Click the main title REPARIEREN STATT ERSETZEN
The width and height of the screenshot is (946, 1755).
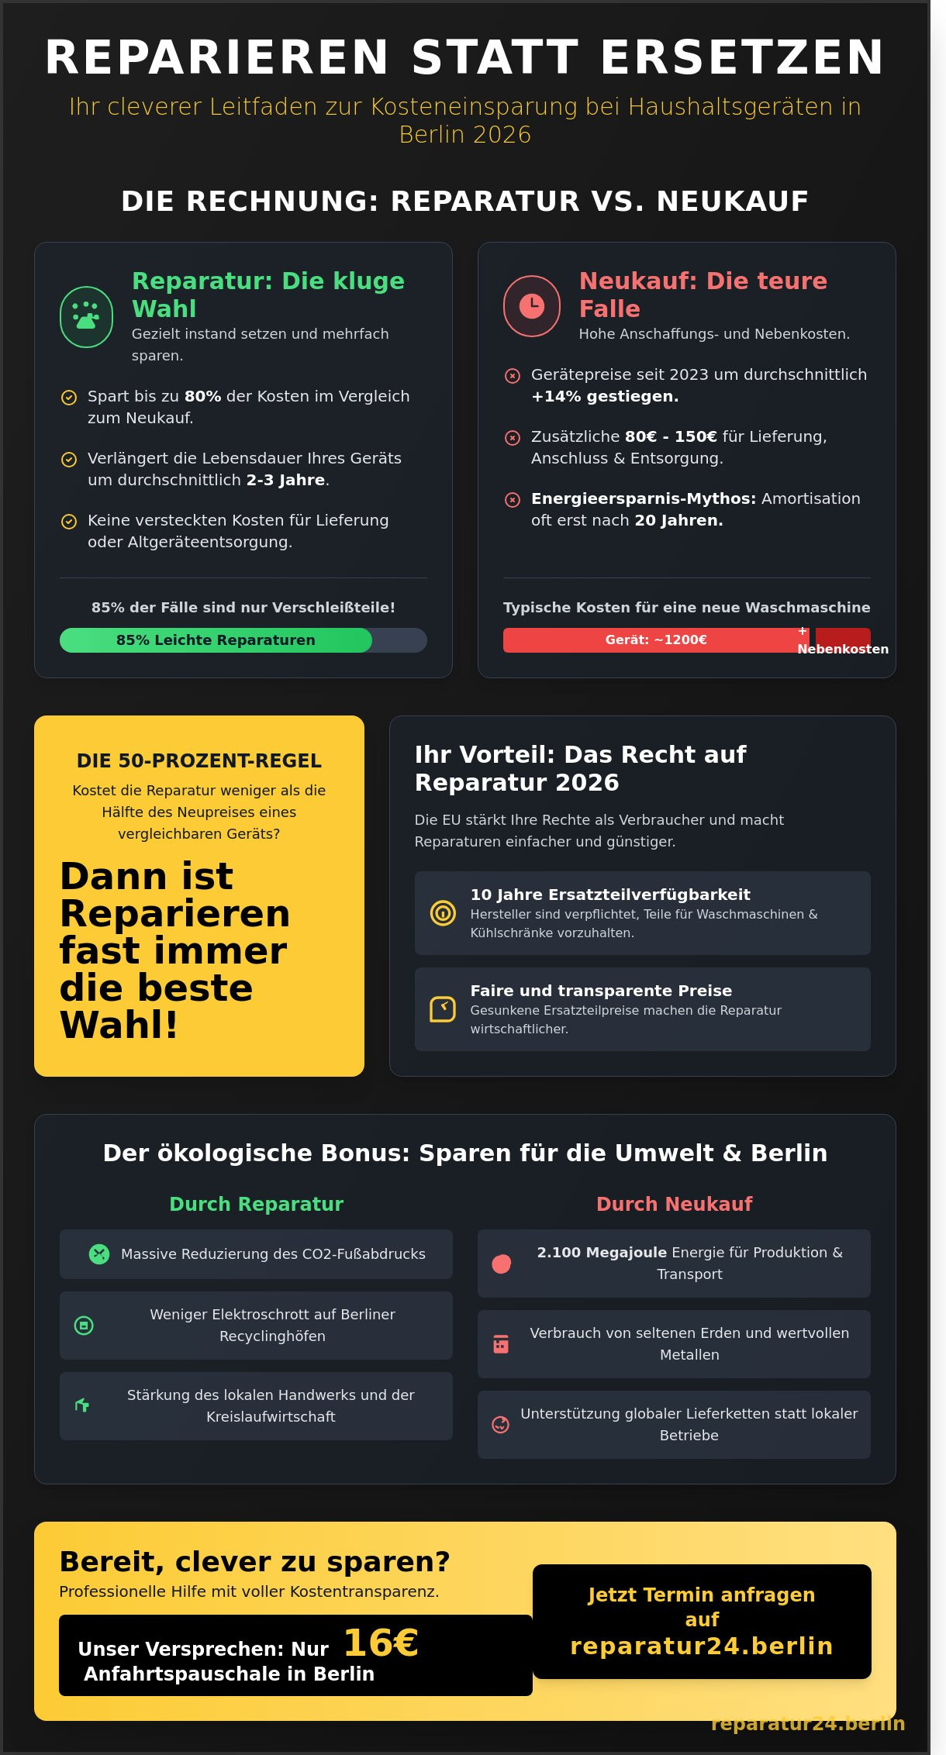coord(464,57)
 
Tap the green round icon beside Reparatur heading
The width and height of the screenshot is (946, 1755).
coord(86,317)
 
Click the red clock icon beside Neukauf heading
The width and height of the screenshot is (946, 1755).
coord(531,306)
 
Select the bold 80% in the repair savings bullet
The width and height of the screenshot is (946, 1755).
coord(202,396)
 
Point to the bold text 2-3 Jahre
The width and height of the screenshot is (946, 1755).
coord(285,480)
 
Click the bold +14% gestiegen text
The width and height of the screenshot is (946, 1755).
coord(604,396)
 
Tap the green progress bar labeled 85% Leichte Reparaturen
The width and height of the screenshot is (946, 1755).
coord(216,640)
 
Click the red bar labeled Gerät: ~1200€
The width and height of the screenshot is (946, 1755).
coord(655,640)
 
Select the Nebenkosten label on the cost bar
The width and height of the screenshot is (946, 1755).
coord(843,649)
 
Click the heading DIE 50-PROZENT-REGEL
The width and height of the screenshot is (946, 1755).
coord(199,760)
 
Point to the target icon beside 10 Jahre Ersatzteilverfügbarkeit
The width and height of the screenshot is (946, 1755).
coord(443,912)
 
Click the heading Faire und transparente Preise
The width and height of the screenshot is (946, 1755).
coord(601,991)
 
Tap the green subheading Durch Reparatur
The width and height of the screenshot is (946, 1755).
coord(256,1204)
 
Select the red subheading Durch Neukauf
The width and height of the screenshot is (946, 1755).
coord(674,1204)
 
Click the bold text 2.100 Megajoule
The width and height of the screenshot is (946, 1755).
coord(602,1252)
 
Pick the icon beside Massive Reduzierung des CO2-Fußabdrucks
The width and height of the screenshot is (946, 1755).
coord(99,1253)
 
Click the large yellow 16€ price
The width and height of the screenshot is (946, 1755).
coord(380,1643)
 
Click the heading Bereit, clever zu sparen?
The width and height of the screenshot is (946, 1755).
coord(254,1562)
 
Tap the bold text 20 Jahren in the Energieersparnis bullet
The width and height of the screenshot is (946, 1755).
coord(678,520)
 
